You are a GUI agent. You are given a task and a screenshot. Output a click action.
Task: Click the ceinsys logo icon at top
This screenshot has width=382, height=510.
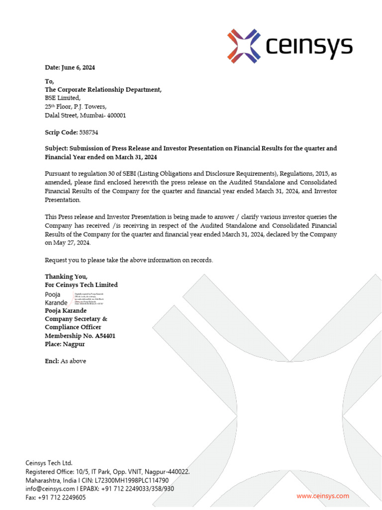244,46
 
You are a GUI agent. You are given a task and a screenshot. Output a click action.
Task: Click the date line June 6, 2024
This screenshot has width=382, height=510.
70,67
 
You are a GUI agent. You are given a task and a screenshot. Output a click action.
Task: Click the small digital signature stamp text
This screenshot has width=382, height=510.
90,299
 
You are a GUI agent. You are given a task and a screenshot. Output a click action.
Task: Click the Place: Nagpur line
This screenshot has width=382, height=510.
65,344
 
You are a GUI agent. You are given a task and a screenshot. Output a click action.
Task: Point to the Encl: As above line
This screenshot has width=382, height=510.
65,361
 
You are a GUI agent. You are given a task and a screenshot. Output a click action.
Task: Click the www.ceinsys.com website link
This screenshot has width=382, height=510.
323,496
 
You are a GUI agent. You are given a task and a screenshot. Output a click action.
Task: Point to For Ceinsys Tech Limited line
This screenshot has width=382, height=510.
81,285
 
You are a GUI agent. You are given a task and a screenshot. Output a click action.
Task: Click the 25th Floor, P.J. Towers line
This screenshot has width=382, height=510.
76,107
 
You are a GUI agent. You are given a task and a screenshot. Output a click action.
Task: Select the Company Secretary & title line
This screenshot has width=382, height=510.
76,319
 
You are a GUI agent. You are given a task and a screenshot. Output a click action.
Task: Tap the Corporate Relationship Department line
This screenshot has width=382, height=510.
103,90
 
